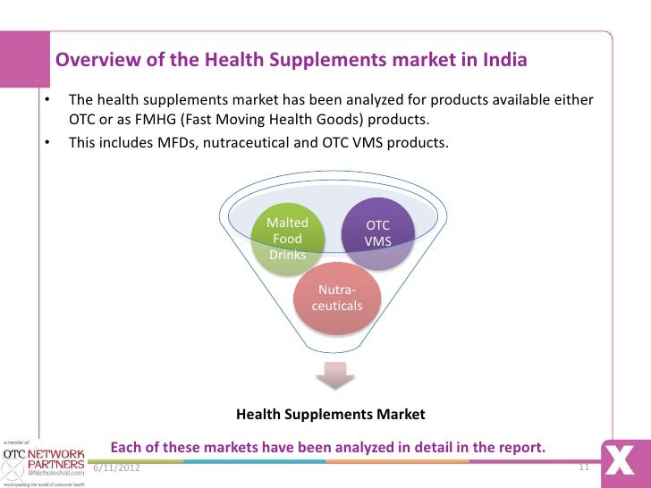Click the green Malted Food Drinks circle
pos(288,239)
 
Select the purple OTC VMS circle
pos(378,233)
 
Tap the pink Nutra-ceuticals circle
pos(336,298)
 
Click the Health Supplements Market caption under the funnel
pos(331,415)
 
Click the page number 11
pos(585,467)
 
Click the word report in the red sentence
pos(520,446)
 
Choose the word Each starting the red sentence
pos(127,446)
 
